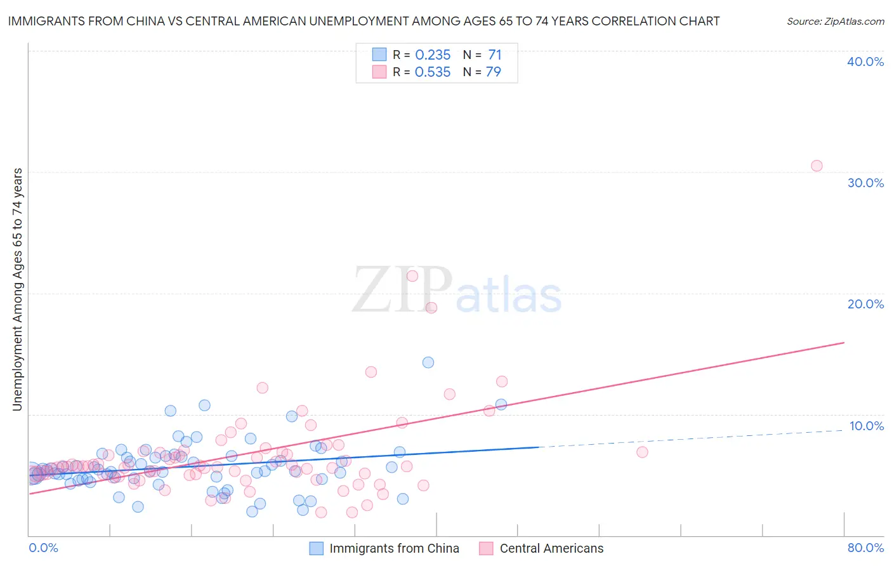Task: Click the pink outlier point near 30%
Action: coord(817,166)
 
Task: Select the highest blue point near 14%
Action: coord(428,362)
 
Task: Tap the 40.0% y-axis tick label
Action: coord(865,62)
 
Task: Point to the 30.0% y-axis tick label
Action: coord(865,183)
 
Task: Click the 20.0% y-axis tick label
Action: coord(865,304)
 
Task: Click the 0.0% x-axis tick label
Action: coord(43,548)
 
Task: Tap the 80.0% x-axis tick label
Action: coord(865,548)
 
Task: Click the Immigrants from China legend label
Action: coord(394,548)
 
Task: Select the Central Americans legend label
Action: coord(551,548)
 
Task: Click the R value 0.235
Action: coord(433,55)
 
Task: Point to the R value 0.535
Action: coord(433,72)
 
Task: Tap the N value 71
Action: coord(495,55)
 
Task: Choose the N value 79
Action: coord(494,72)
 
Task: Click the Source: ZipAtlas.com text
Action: coord(835,22)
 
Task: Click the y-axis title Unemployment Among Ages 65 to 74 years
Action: coord(18,289)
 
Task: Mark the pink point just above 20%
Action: coord(412,276)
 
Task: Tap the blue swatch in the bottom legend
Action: coord(316,548)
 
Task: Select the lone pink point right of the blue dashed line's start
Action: coord(642,452)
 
